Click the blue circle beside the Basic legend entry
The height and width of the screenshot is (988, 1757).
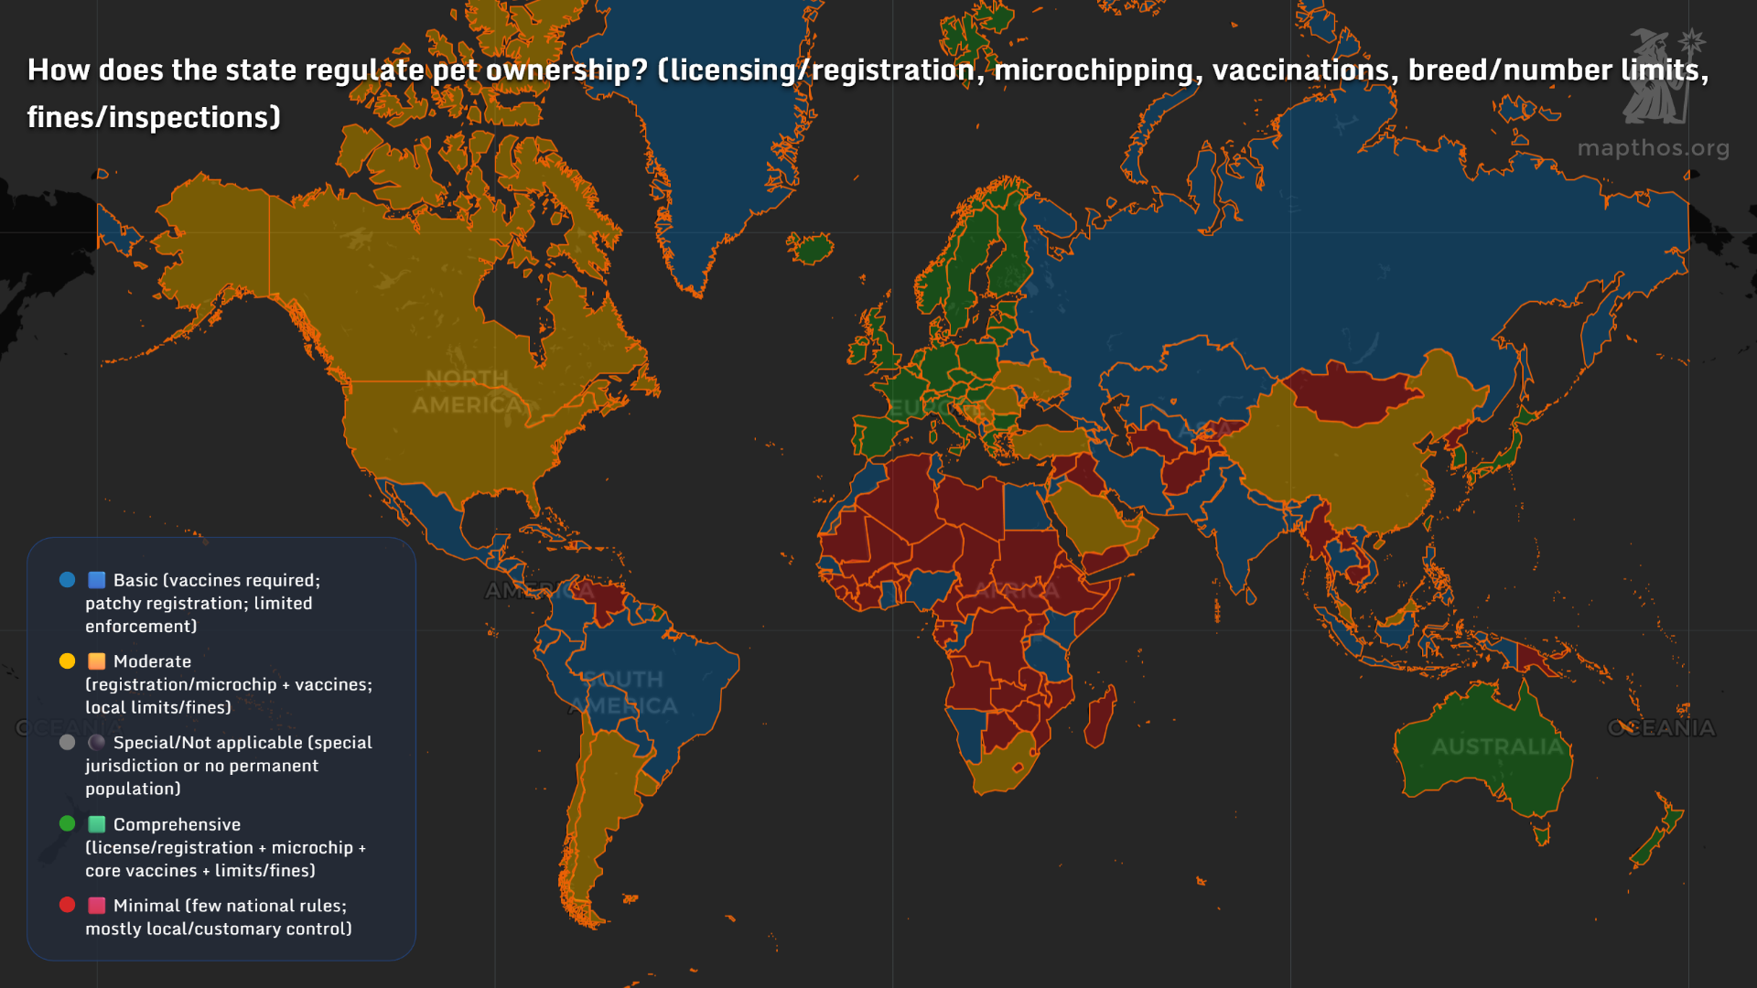pyautogui.click(x=67, y=579)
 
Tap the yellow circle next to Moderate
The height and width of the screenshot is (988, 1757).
pyautogui.click(x=67, y=660)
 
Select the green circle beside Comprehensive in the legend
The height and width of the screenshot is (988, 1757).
pyautogui.click(x=67, y=823)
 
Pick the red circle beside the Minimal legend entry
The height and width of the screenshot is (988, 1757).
pyautogui.click(x=67, y=905)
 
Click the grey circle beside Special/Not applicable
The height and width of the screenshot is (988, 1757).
pyautogui.click(x=67, y=742)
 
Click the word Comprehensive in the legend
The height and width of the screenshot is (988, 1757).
pyautogui.click(x=177, y=824)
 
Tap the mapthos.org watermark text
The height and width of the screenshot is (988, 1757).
pyautogui.click(x=1653, y=148)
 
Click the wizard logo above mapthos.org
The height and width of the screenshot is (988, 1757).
pyautogui.click(x=1660, y=77)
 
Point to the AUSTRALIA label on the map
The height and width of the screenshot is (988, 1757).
pyautogui.click(x=1496, y=746)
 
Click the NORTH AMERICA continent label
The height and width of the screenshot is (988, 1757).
pyautogui.click(x=467, y=392)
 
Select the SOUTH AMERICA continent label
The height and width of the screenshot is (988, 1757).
pyautogui.click(x=624, y=693)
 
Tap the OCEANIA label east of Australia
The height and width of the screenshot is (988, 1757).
pyautogui.click(x=1661, y=728)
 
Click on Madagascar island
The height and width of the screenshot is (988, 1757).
pyautogui.click(x=1101, y=715)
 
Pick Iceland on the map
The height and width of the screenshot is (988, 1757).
pyautogui.click(x=811, y=247)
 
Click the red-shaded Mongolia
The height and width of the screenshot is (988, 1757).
pyautogui.click(x=1350, y=392)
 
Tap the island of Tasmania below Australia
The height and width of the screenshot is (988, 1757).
pyautogui.click(x=1542, y=834)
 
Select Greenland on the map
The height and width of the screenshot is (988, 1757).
pyautogui.click(x=714, y=128)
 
